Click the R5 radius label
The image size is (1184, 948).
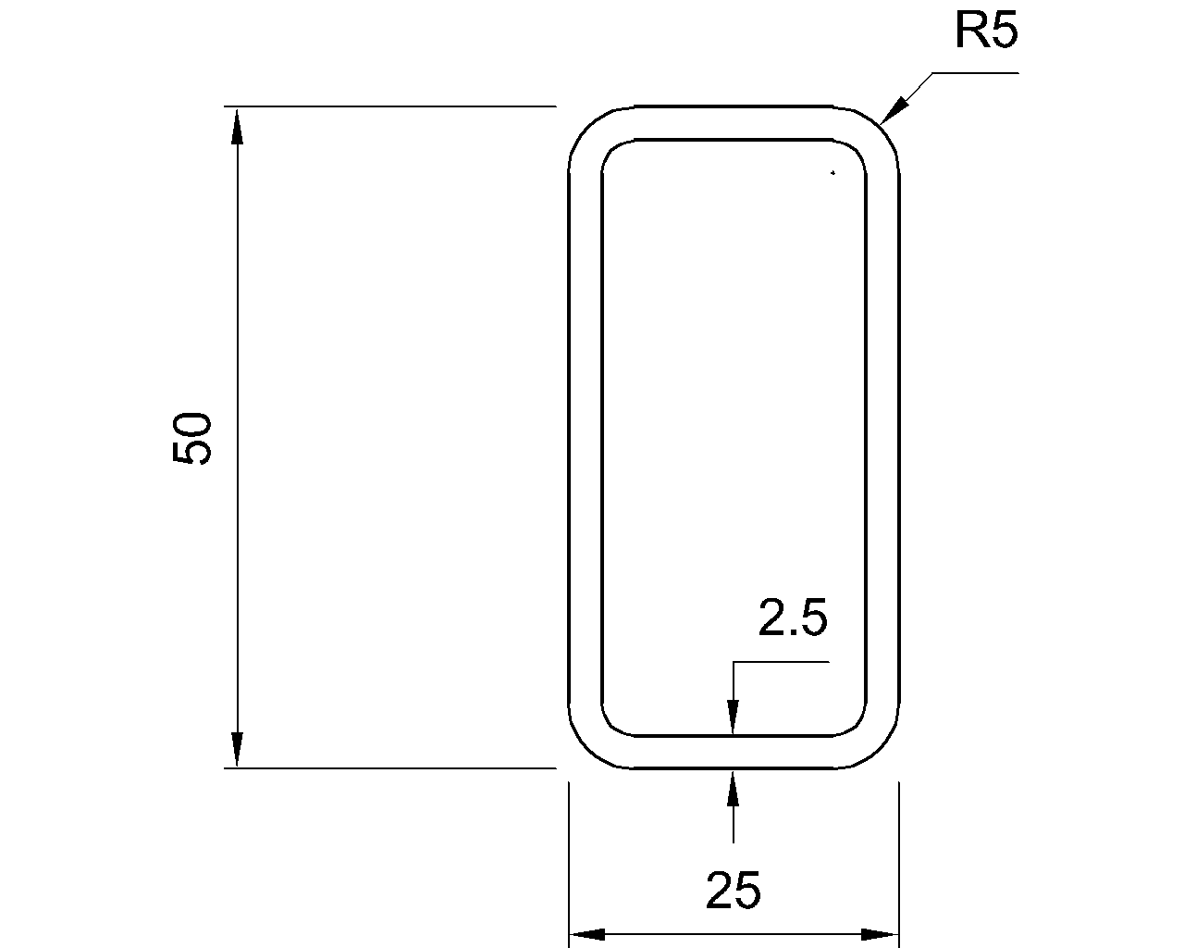986,32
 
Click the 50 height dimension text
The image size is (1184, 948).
193,438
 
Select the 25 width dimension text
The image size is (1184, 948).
734,892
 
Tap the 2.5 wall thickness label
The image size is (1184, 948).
793,618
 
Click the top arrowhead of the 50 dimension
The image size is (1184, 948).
238,124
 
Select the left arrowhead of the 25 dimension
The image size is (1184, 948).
586,934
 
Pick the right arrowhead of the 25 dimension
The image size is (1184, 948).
881,934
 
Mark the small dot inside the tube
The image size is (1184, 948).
832,172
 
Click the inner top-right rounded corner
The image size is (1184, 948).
855,151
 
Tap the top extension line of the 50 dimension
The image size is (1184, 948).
388,106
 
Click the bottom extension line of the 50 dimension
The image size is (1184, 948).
388,767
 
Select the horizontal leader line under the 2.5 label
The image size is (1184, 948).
782,662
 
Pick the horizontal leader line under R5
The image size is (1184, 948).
976,72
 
